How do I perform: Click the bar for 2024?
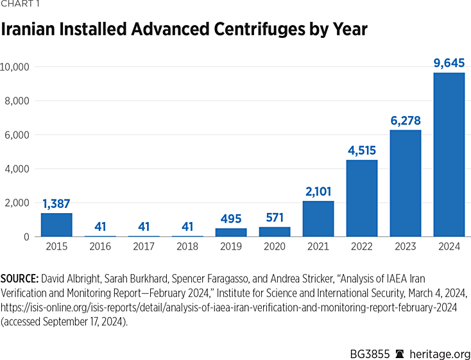click(449, 155)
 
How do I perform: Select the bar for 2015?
click(56, 225)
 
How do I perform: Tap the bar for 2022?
click(362, 198)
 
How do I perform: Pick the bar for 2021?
click(318, 219)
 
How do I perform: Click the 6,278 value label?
click(406, 121)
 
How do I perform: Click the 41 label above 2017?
click(144, 227)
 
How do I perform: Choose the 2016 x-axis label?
click(100, 246)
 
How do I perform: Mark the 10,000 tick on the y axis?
click(18, 67)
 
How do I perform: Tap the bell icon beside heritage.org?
click(400, 354)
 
